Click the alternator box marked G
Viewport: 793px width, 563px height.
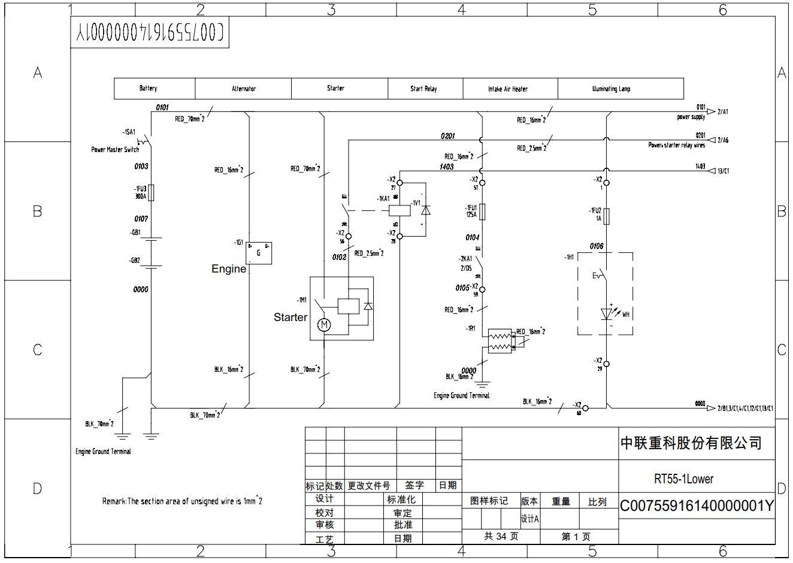click(259, 253)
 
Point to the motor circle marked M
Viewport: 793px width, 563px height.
click(324, 325)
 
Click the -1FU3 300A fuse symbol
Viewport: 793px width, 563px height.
click(151, 193)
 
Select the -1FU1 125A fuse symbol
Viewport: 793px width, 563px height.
click(482, 211)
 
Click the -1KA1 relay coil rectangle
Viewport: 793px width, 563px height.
click(399, 210)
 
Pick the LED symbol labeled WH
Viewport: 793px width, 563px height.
click(607, 314)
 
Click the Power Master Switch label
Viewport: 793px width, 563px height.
click(115, 150)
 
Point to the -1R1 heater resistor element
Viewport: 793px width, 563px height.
click(500, 341)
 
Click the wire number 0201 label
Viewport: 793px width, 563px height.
click(447, 136)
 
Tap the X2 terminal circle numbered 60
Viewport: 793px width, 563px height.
click(586, 408)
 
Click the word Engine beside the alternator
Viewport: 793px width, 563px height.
click(229, 270)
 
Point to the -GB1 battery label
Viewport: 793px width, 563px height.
click(135, 232)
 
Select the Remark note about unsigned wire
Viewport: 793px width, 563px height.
click(181, 501)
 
